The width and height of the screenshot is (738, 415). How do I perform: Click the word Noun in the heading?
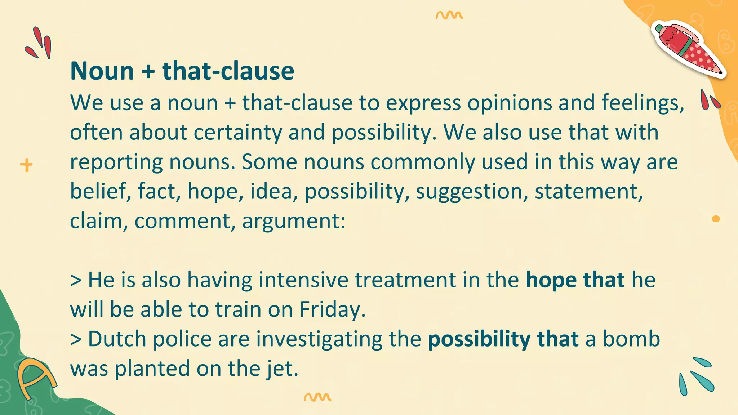click(102, 71)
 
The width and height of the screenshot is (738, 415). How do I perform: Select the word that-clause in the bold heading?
click(228, 71)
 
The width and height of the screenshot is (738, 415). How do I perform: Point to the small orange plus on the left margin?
click(26, 165)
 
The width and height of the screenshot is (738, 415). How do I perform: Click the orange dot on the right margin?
click(716, 219)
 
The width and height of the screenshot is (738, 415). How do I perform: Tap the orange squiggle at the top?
click(449, 15)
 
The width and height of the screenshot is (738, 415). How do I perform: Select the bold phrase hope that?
click(575, 280)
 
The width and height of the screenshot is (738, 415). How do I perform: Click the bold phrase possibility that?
click(503, 339)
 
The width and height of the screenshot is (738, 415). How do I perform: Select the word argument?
click(293, 221)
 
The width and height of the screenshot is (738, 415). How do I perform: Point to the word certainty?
click(238, 133)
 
